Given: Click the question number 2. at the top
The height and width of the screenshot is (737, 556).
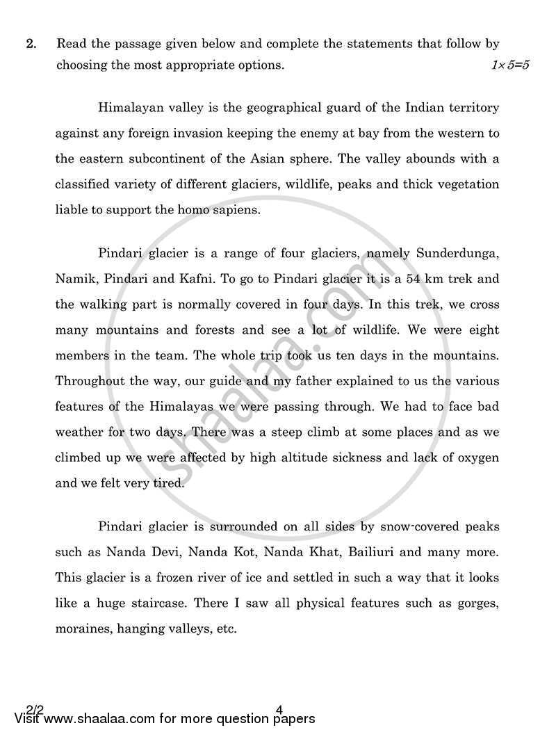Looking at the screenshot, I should tap(31, 44).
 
